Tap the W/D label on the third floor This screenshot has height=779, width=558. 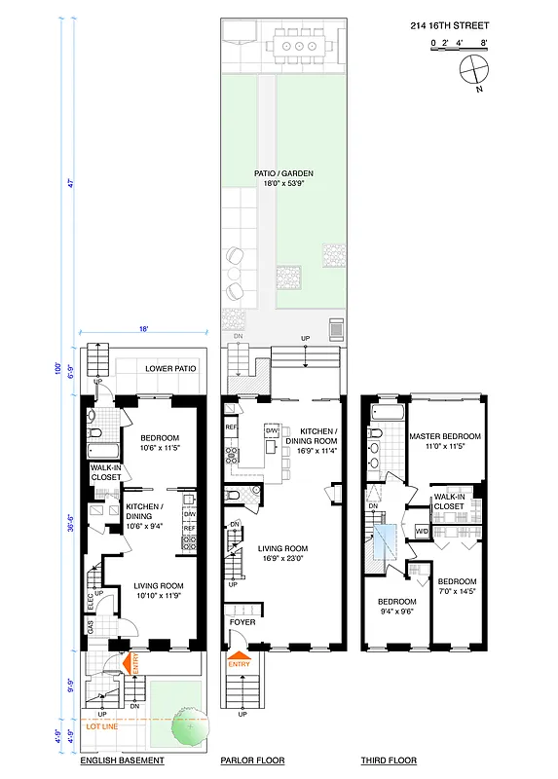[421, 531]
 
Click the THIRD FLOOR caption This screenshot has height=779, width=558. [389, 760]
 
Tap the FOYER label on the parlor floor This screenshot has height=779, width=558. [242, 621]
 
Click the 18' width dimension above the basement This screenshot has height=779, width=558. [143, 330]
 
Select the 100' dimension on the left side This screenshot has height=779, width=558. [58, 369]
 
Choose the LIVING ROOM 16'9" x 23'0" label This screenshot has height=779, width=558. [284, 553]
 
